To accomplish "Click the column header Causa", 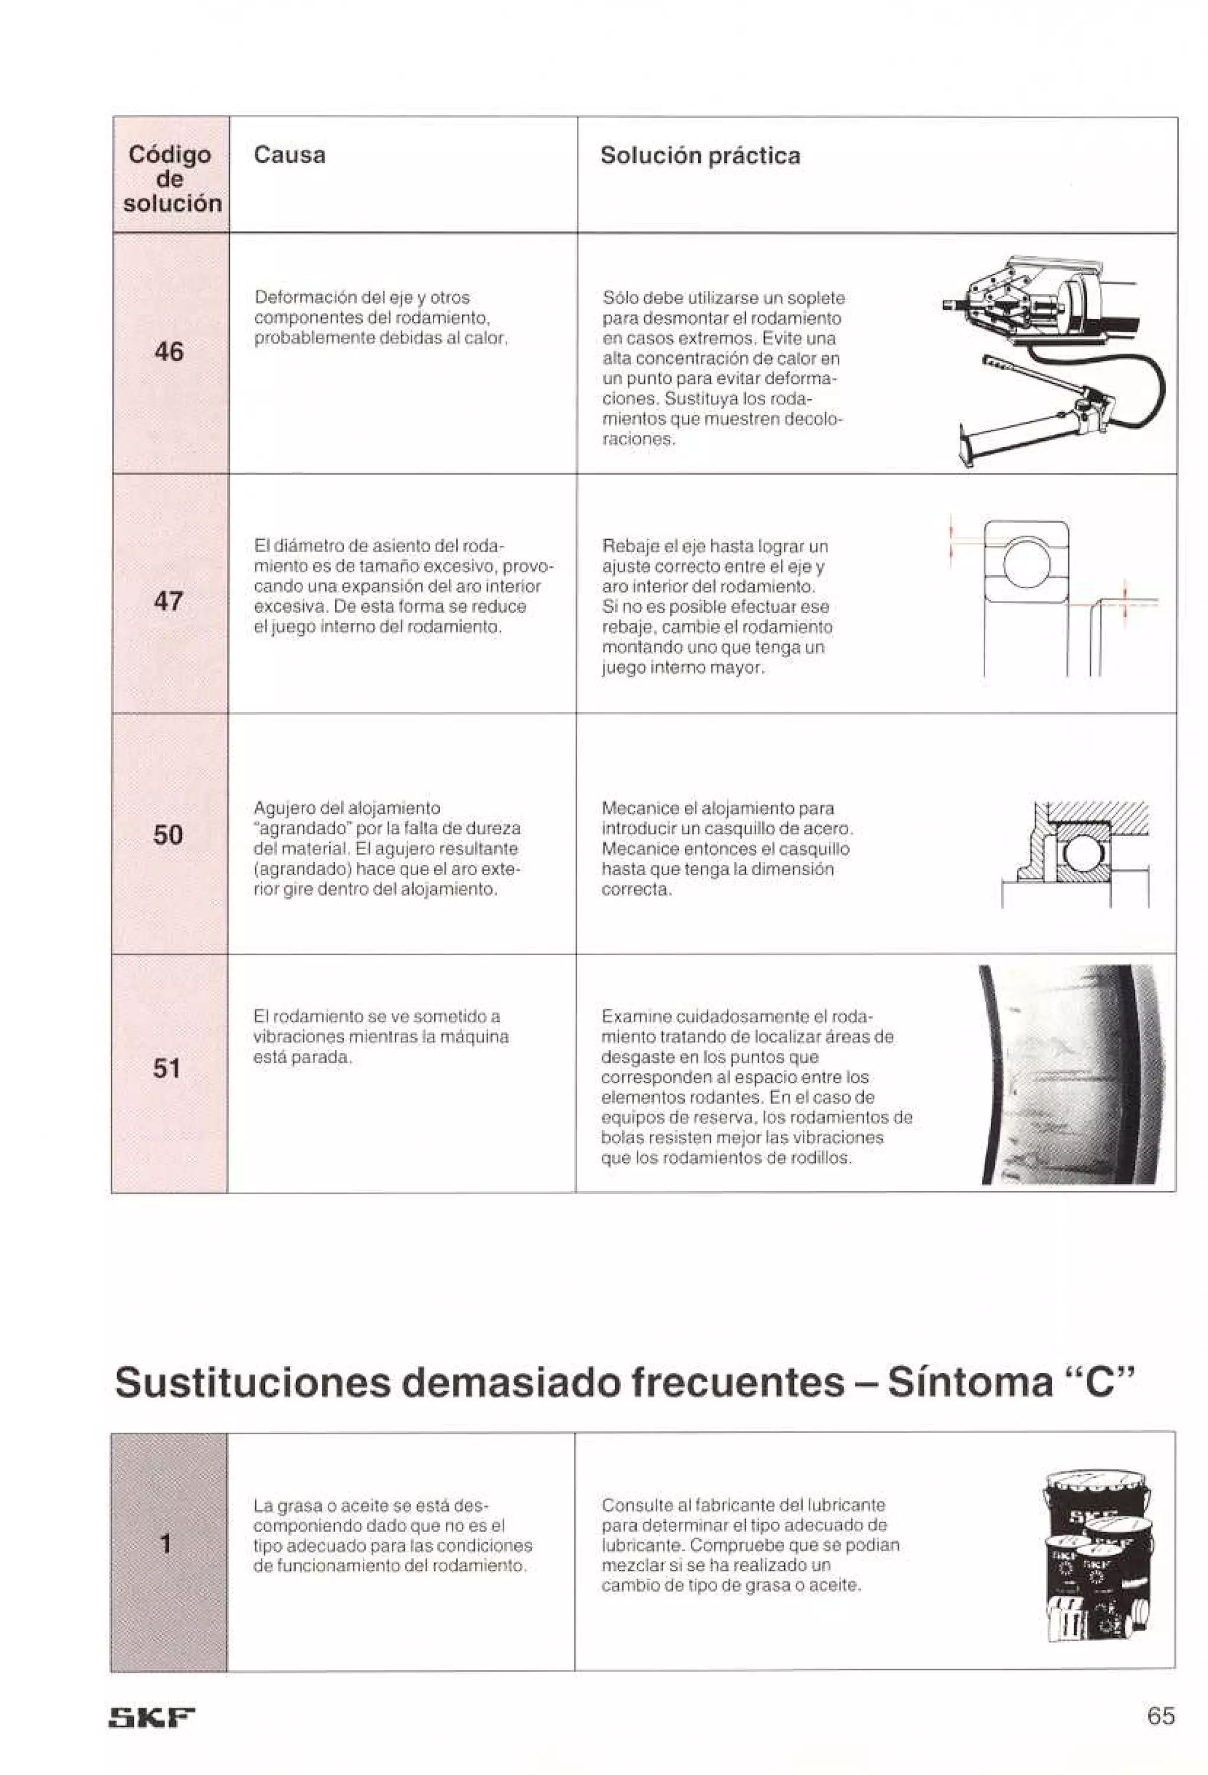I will coord(289,155).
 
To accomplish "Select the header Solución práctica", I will coord(700,156).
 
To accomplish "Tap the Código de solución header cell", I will coord(171,179).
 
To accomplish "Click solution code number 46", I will coord(168,351).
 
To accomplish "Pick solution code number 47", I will coord(168,601).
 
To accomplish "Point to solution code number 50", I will coord(168,835).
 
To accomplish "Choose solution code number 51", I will coord(166,1068).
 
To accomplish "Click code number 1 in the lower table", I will coord(165,1543).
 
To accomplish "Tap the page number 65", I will coord(1160,1716).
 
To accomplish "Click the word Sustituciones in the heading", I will coord(252,1382).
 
